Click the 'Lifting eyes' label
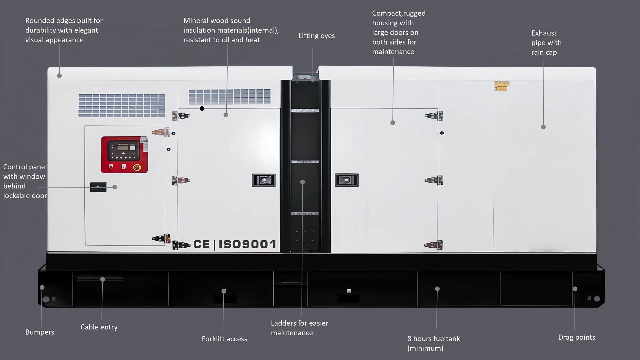316,36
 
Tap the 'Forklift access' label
224,339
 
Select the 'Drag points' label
577,337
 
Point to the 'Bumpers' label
40,332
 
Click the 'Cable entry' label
99,327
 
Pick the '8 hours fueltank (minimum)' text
433,343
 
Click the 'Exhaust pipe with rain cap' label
546,43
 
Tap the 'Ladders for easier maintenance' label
299,328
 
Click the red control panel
124,154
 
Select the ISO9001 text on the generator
247,244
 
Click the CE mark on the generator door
202,244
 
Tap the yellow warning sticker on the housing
502,86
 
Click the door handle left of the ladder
264,180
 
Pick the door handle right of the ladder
347,180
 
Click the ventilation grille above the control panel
122,105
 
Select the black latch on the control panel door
98,187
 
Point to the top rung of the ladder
305,110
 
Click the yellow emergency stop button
136,167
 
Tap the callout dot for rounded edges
59,76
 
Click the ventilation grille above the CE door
230,97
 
